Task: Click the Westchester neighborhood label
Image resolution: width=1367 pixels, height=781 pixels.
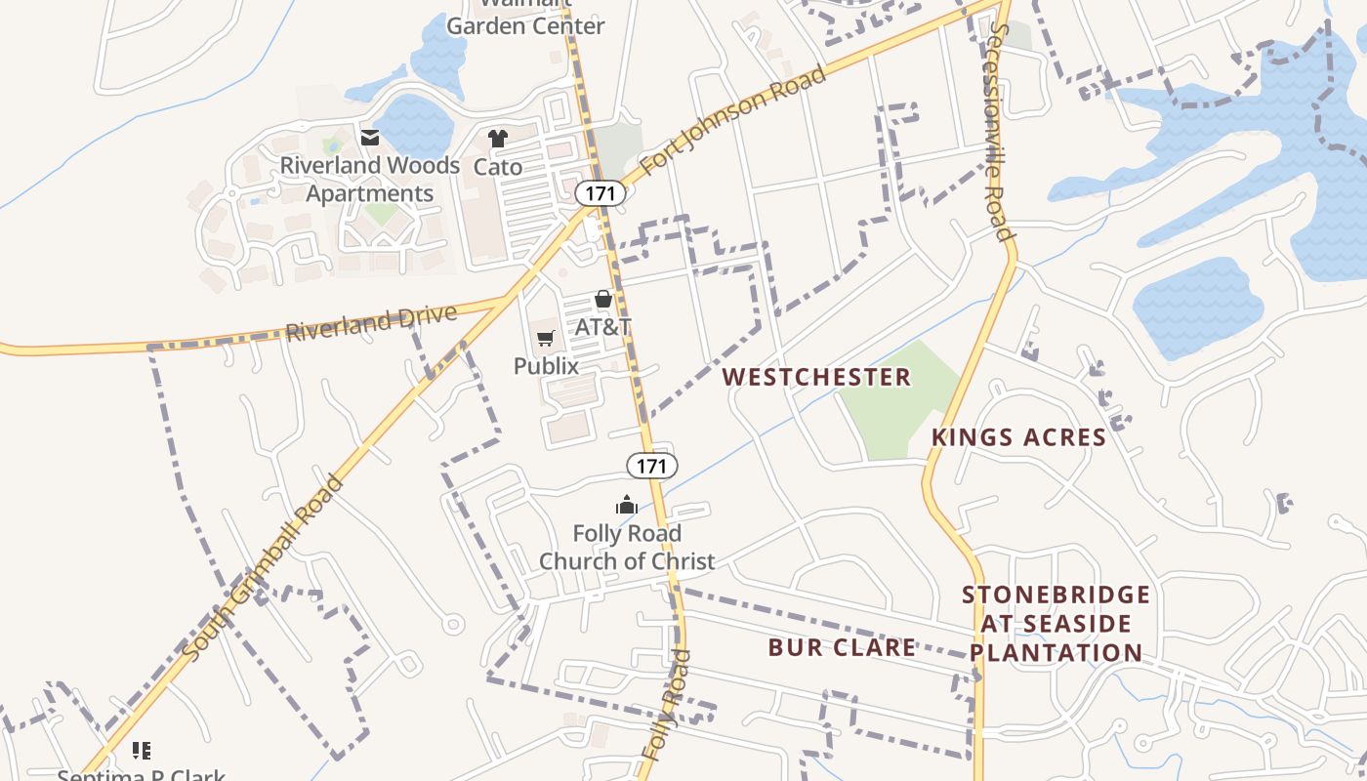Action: coord(816,377)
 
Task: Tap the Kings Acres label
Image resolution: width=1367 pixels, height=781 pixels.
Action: coord(1018,437)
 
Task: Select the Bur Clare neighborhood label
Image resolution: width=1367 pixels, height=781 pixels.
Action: coord(842,647)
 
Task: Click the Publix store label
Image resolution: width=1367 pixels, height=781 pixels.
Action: coord(546,366)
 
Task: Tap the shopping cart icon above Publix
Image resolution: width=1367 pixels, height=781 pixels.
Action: coord(546,338)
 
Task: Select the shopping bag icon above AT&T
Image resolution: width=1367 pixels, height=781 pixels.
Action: coord(603,300)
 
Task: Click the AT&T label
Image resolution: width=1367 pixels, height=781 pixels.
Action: coord(603,327)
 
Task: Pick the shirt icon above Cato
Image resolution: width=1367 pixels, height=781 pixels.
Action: coord(498,139)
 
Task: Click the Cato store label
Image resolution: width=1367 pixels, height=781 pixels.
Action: coord(498,167)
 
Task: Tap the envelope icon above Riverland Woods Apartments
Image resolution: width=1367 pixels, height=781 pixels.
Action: coord(370,138)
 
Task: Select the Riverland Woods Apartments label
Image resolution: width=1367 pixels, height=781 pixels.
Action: coord(370,180)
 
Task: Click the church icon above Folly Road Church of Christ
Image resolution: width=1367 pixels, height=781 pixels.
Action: coord(626,505)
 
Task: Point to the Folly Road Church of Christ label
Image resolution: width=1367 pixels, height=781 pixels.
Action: coord(627,548)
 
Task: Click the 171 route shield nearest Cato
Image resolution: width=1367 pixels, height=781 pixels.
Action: coord(600,193)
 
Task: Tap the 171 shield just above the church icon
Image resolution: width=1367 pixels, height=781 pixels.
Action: coord(651,466)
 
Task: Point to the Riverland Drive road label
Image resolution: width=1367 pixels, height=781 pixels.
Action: coord(371,323)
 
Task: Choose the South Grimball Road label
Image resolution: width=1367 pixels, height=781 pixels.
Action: coord(265,568)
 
